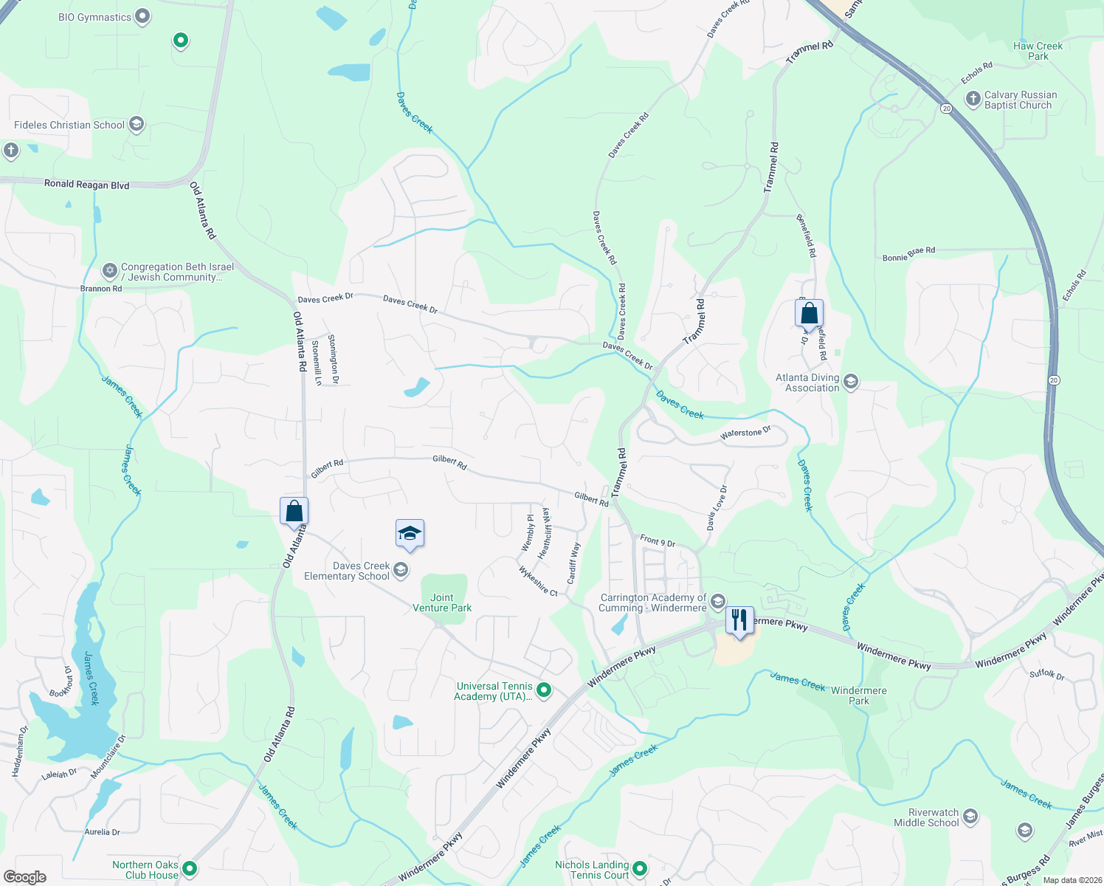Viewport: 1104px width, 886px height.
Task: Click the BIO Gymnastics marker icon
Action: [x=143, y=16]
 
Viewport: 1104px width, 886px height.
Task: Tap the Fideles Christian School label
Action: [x=69, y=125]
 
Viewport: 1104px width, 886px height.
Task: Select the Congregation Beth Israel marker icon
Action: [x=110, y=271]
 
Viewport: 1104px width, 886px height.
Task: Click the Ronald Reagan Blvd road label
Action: [x=86, y=184]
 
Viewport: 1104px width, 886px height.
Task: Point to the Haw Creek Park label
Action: [x=1038, y=51]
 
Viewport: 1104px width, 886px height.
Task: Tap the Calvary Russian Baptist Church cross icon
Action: [x=973, y=98]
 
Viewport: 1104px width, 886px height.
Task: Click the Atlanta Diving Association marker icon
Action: [x=851, y=382]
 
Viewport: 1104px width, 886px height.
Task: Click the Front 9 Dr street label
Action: [x=658, y=541]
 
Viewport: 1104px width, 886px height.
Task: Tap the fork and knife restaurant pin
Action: [x=739, y=619]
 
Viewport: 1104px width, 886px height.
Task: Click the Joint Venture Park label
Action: [x=442, y=602]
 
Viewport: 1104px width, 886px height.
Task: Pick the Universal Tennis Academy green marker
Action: [x=544, y=690]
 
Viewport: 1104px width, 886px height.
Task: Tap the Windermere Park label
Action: [x=859, y=696]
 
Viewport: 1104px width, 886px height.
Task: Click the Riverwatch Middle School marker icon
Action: [x=970, y=816]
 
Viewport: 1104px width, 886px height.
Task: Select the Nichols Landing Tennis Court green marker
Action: [x=640, y=869]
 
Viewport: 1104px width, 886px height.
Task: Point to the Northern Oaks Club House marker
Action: [x=190, y=869]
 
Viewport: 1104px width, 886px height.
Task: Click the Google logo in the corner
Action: [x=25, y=876]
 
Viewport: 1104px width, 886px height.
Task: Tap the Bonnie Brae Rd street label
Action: [x=908, y=254]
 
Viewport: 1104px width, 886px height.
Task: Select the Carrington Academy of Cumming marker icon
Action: [x=718, y=602]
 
